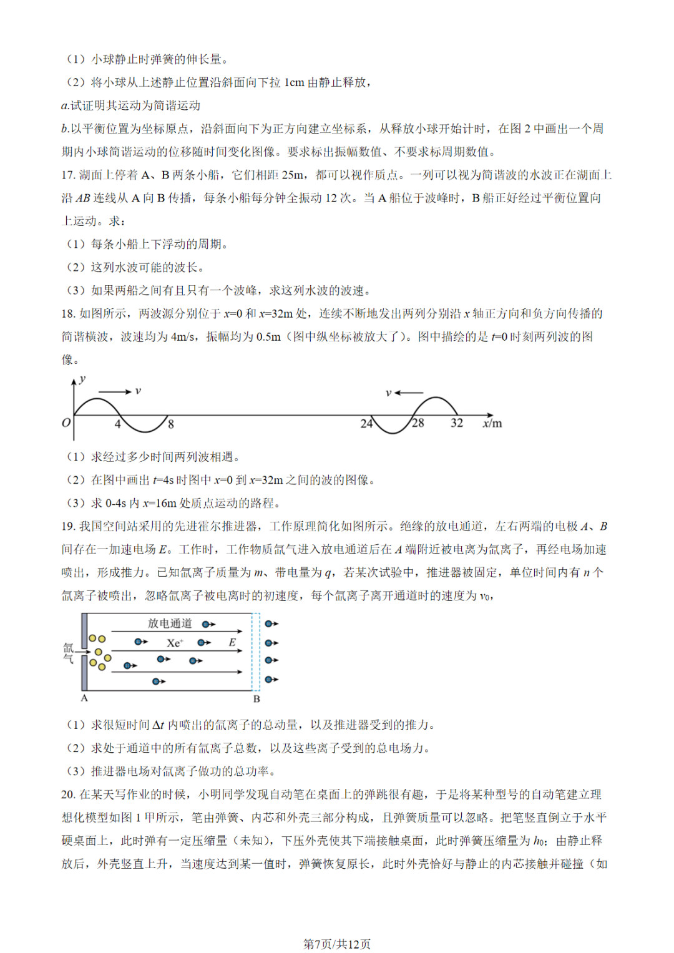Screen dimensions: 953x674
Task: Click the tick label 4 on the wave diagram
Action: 117,424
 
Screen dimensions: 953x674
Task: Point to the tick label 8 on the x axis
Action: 171,424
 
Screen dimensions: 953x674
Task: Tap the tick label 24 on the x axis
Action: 366,424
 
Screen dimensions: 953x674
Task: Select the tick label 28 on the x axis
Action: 418,423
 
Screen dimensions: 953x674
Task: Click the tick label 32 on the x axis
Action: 457,423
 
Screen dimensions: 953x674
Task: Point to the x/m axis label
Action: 492,424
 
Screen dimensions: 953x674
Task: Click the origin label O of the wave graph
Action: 66,423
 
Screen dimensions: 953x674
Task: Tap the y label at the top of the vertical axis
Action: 82,379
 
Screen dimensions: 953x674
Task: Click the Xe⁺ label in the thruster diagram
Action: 175,643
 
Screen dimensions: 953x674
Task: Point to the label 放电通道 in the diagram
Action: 170,623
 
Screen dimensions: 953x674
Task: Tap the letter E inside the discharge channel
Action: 232,642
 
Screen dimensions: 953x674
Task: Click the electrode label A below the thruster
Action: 84,698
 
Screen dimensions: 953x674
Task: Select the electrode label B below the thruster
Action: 256,699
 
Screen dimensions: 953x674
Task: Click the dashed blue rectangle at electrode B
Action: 255,652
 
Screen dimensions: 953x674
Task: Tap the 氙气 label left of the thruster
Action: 68,653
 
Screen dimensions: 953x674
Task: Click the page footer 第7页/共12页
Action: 337,944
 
